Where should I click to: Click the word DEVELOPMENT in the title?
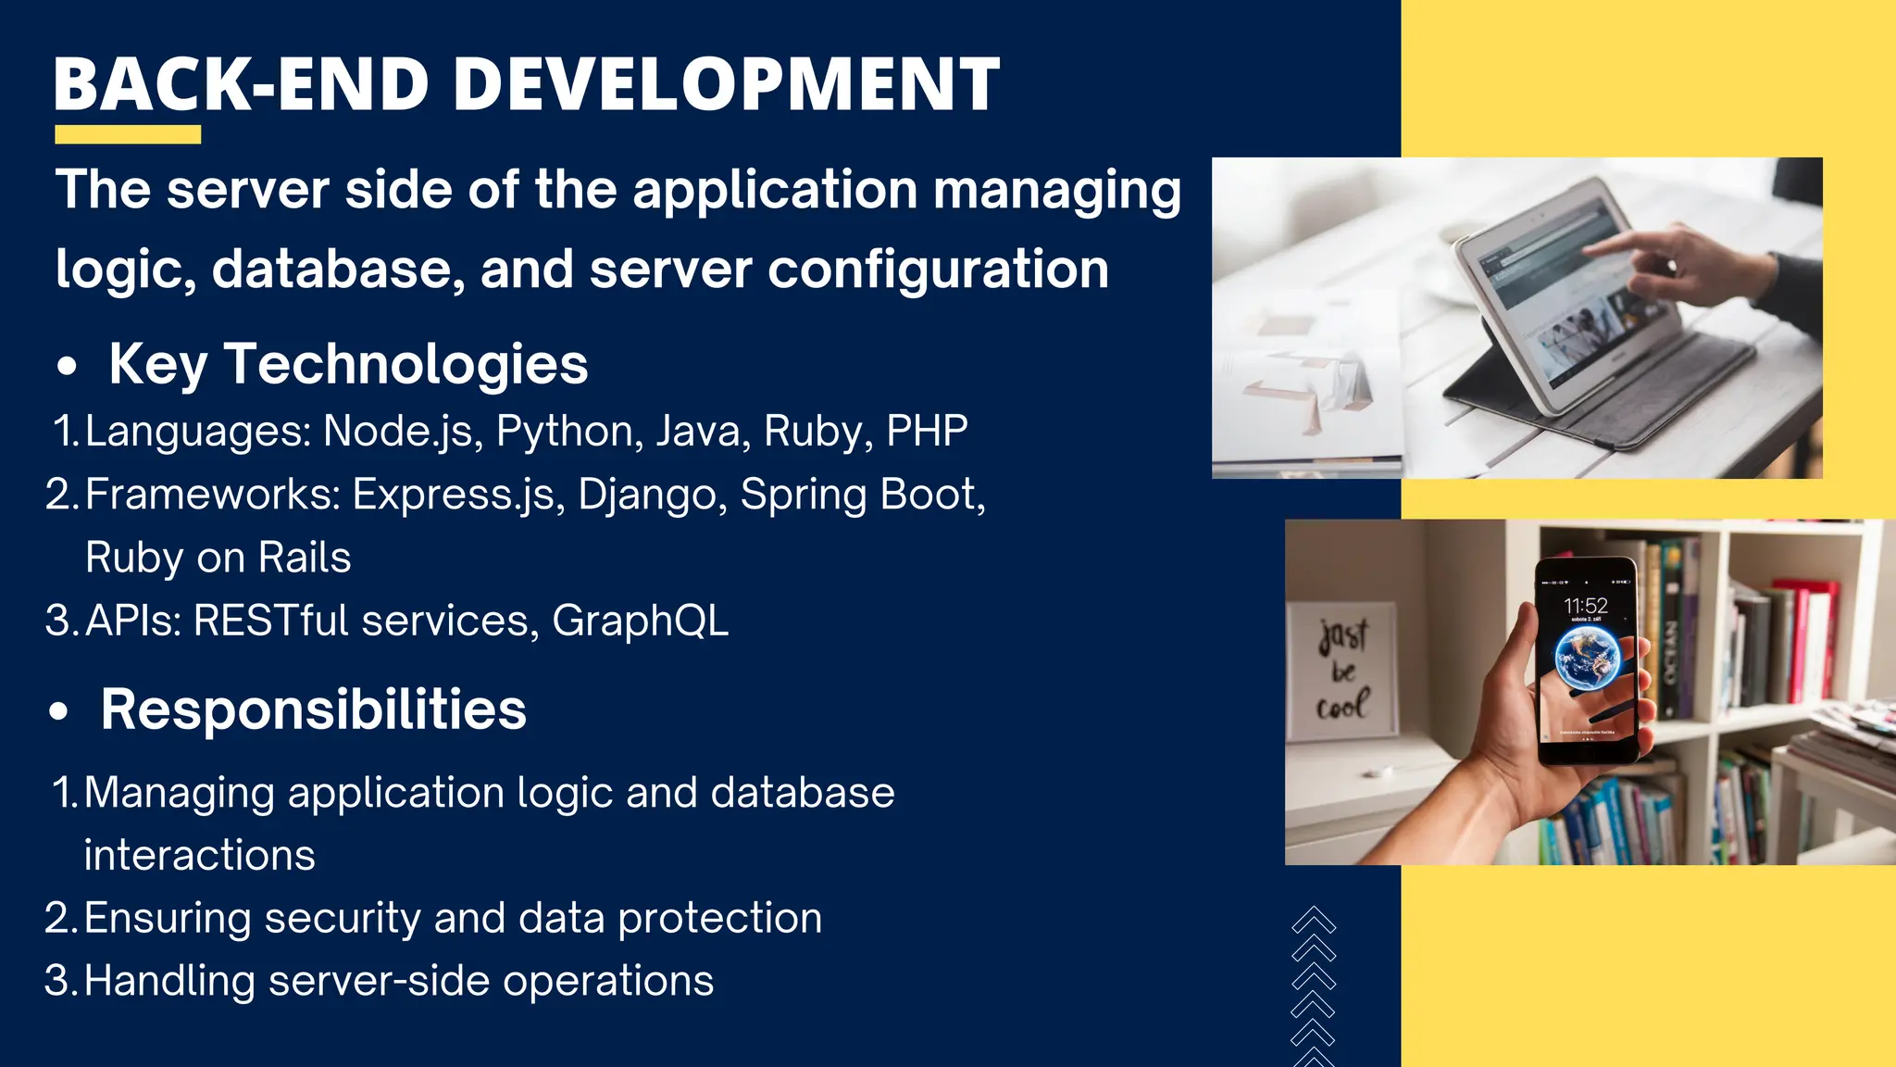click(x=726, y=84)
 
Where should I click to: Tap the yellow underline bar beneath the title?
click(x=128, y=135)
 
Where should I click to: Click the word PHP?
click(x=927, y=432)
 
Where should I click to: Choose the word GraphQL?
click(x=640, y=621)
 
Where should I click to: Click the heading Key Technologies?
click(x=348, y=364)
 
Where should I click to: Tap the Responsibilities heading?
click(x=313, y=710)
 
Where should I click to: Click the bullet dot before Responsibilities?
click(x=59, y=712)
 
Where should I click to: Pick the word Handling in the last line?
click(x=168, y=982)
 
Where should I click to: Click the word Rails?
click(x=305, y=558)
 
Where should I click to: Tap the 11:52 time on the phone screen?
click(x=1586, y=606)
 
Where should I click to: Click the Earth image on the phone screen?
click(x=1587, y=657)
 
